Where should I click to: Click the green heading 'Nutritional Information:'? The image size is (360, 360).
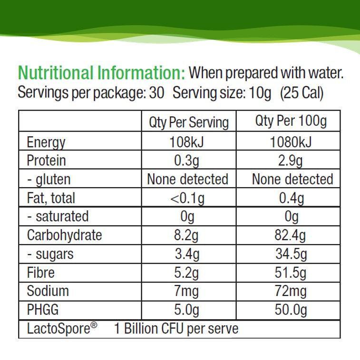point(101,74)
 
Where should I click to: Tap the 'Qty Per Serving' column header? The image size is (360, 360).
point(189,123)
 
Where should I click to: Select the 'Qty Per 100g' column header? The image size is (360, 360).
point(291,122)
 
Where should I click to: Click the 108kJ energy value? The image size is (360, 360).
point(187,142)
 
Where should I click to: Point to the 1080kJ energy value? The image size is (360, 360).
point(291,142)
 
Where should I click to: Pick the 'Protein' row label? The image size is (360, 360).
point(46,161)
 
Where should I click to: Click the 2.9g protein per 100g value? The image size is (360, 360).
point(291,161)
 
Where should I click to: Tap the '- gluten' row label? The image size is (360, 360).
point(49,180)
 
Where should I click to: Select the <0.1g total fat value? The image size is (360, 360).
point(187,198)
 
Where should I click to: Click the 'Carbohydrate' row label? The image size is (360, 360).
point(64,235)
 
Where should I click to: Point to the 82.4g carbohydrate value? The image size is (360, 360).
point(291,235)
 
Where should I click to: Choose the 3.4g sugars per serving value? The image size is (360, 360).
point(187,254)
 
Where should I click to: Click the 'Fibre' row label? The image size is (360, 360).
point(40,273)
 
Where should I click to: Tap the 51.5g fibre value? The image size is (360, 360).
point(291,273)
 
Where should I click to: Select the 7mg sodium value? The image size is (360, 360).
point(187,291)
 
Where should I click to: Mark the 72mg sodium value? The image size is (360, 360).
point(291,291)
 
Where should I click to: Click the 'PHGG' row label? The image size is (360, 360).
point(43,310)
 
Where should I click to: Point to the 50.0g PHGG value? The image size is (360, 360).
point(291,310)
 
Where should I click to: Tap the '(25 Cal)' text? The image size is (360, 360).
point(302,93)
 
